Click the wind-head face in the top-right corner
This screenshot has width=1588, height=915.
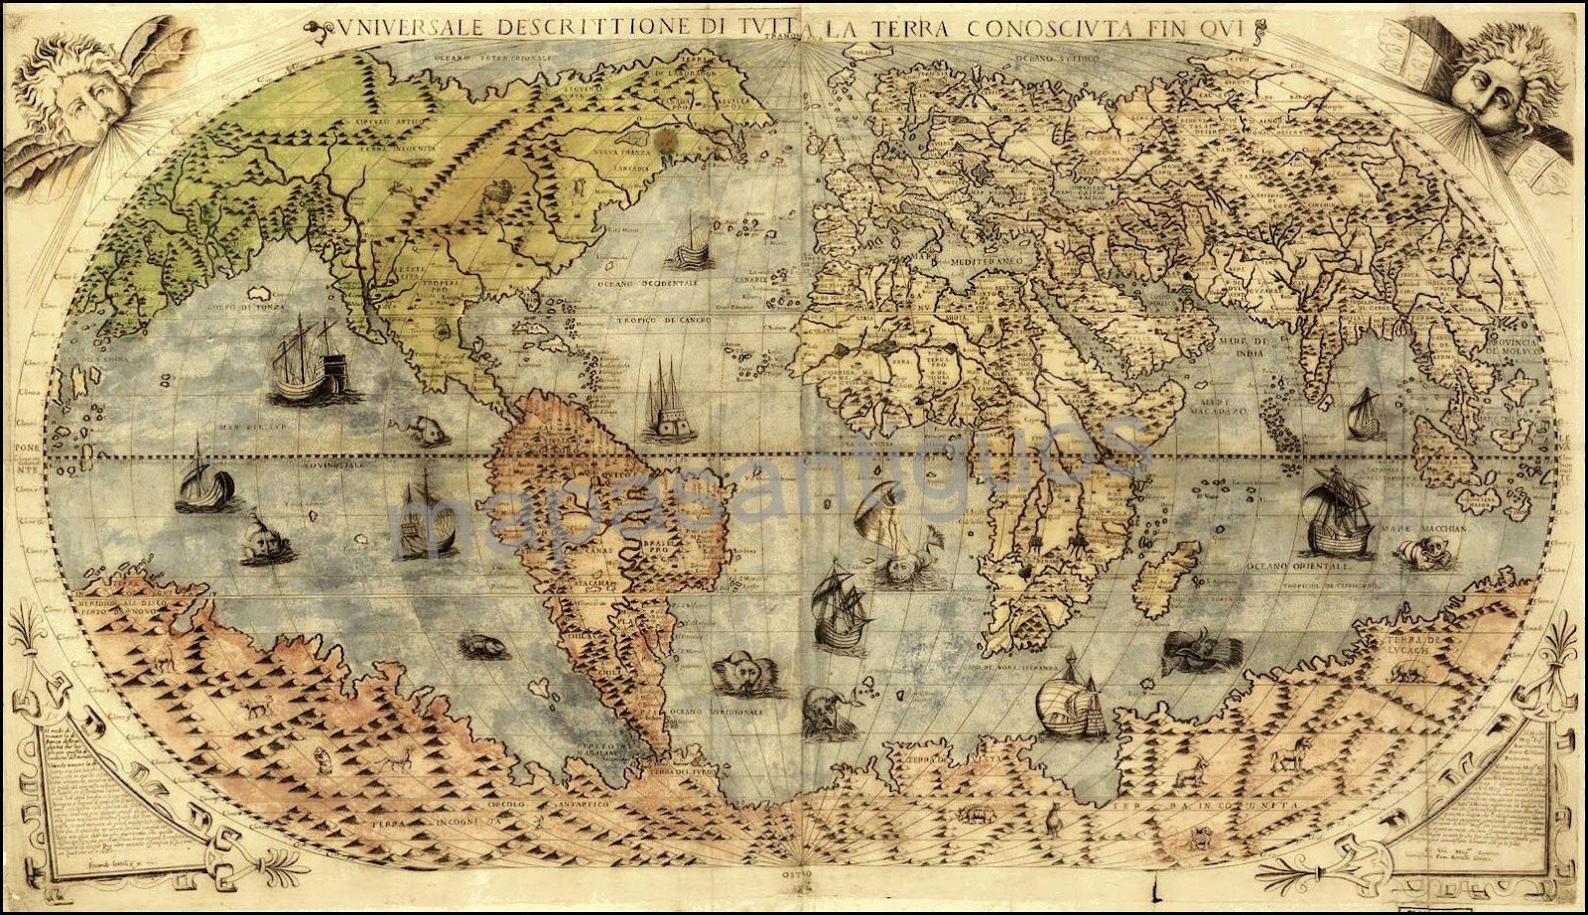click(1490, 74)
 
